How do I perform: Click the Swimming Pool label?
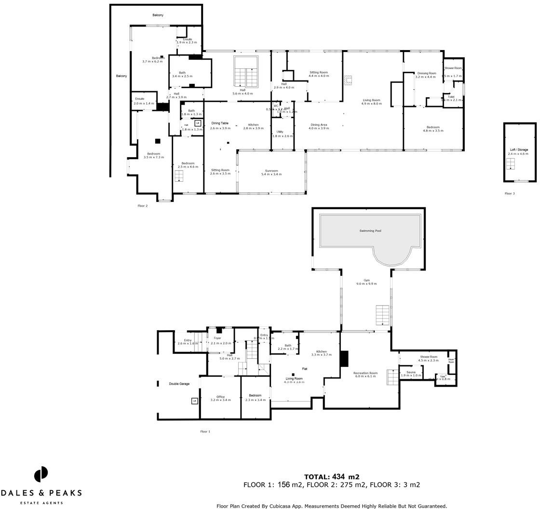click(370, 231)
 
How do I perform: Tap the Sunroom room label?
click(271, 171)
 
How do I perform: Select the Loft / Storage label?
click(519, 150)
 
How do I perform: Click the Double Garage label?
click(179, 384)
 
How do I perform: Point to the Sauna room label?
click(411, 372)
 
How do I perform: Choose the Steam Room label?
click(451, 361)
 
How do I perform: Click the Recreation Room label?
click(365, 373)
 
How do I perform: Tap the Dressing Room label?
click(426, 73)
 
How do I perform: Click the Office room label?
click(220, 397)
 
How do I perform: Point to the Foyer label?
click(217, 338)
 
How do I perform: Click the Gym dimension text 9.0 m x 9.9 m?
click(366, 284)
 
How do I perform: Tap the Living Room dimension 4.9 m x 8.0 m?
click(371, 104)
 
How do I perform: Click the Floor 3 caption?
click(510, 193)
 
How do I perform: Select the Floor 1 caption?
click(205, 431)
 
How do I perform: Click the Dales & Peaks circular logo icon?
click(41, 474)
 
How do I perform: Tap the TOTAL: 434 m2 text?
click(331, 477)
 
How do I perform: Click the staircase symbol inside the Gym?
click(382, 315)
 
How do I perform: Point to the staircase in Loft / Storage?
click(510, 164)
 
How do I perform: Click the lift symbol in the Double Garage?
click(195, 401)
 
